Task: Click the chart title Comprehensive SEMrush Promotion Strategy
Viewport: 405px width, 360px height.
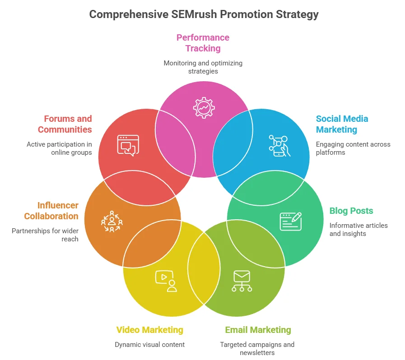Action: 204,14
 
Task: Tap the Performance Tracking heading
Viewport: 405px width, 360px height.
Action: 203,43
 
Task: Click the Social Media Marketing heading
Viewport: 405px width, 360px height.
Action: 342,124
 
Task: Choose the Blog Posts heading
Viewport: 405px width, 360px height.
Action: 351,211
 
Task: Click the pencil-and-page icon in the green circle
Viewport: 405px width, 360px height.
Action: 290,222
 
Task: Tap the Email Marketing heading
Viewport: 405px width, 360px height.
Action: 258,330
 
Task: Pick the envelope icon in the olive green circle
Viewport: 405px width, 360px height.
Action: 242,281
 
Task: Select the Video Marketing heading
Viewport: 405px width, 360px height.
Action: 149,330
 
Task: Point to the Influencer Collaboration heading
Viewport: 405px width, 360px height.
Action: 51,211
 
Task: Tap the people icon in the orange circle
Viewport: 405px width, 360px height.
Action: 112,221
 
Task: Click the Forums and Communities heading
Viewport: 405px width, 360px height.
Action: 65,124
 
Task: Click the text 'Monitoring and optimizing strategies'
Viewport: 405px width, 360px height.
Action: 203,67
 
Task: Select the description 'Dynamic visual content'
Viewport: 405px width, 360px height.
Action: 149,345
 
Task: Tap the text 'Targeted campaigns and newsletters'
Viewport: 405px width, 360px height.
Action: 257,348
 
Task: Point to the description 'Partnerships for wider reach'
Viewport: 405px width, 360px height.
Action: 45,235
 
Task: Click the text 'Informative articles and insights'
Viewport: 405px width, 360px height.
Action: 358,229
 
